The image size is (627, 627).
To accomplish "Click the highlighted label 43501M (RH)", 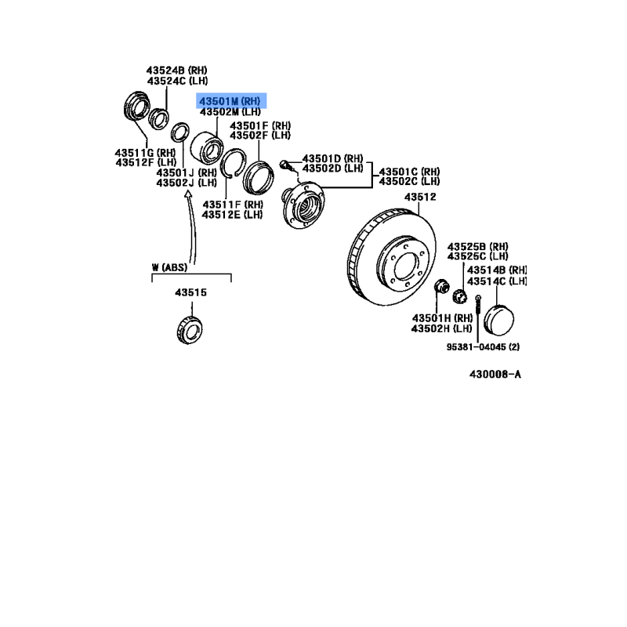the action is (230, 101).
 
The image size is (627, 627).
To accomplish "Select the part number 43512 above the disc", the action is (420, 198).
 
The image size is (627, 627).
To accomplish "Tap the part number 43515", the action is (190, 292).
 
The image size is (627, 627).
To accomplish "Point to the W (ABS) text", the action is (169, 267).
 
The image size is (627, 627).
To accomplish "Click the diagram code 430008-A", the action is (495, 375).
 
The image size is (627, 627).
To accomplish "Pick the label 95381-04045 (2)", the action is (483, 346).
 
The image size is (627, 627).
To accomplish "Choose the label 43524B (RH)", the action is (177, 71).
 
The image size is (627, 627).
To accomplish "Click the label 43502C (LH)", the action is (409, 182).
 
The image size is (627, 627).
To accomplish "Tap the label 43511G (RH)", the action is (145, 153).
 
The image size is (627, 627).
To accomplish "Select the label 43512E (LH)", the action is (232, 215).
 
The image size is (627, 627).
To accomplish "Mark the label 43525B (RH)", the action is (478, 246).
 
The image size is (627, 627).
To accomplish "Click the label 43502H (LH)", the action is (442, 328).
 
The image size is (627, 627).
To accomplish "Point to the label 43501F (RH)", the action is (260, 125).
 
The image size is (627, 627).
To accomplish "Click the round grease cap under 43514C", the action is (498, 321).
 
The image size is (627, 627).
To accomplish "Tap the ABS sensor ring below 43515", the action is (190, 330).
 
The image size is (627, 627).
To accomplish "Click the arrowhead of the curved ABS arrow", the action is (188, 194).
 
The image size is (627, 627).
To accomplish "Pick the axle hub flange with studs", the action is (303, 205).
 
